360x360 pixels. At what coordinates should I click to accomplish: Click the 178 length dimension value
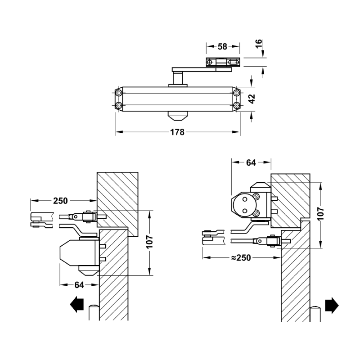click(177, 132)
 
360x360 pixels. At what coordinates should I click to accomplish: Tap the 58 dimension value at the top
click(222, 47)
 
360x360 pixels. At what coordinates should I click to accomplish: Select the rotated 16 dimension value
click(258, 44)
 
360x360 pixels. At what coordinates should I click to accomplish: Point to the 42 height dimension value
click(252, 99)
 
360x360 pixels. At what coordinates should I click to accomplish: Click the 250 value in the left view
click(60, 201)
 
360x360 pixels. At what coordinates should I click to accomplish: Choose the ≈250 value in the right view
click(241, 257)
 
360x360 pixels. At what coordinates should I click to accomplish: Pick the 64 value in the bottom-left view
click(79, 285)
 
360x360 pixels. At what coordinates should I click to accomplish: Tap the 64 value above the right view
click(251, 162)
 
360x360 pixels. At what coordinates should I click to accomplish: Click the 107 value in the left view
click(149, 242)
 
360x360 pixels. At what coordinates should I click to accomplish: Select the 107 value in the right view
click(320, 214)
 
